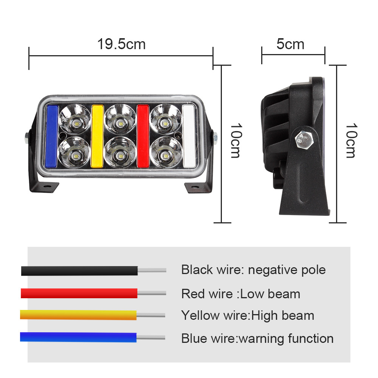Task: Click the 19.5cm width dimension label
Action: pos(121,44)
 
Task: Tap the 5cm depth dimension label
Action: pos(290,44)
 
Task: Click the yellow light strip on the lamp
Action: pos(97,136)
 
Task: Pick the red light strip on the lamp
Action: pos(143,136)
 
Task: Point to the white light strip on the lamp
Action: pos(188,136)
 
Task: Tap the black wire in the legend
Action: pos(79,271)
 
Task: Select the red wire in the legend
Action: pos(79,293)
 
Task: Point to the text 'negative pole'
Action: pos(287,270)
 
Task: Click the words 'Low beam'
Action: pos(270,294)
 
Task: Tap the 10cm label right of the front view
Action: pos(235,141)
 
